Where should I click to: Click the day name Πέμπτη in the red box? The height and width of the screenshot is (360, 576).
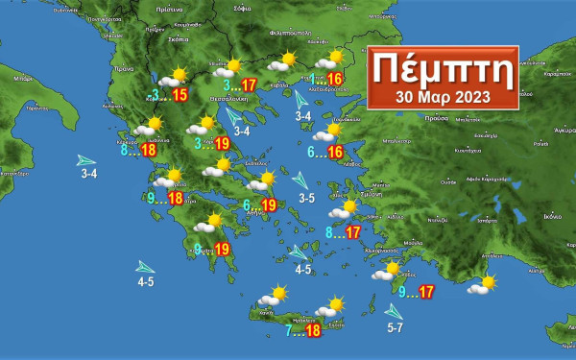[x=444, y=69]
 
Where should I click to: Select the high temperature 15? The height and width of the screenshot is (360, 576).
[x=180, y=94]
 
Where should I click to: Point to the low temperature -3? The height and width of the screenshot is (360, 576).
[x=156, y=94]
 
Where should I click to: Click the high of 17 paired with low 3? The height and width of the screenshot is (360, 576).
[x=249, y=85]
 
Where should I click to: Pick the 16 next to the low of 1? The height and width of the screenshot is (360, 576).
[x=335, y=79]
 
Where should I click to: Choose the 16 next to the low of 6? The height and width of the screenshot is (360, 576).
[x=335, y=152]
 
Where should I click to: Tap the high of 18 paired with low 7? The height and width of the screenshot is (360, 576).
[x=312, y=330]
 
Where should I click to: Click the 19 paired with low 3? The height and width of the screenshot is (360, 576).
[x=222, y=144]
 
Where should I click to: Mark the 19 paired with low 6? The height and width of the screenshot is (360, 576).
[x=270, y=204]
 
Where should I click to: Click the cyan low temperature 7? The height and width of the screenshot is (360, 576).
[x=288, y=330]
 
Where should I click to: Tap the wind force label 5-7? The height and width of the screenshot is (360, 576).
[x=396, y=329]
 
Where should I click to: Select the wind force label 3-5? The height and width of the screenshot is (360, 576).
[x=306, y=199]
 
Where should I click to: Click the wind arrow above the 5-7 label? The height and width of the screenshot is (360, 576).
[x=393, y=311]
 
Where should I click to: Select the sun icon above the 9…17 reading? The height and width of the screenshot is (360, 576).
[x=394, y=270]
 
